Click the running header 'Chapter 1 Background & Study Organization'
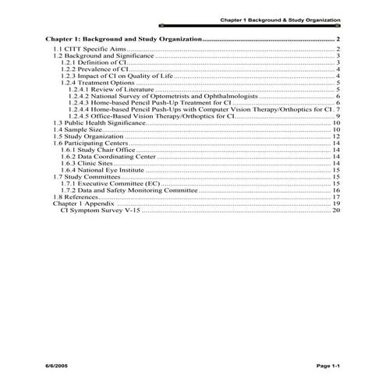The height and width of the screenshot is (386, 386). tap(279, 18)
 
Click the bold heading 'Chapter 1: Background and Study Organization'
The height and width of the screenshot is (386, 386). tap(123, 38)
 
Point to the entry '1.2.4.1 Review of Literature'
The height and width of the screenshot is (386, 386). tap(108, 90)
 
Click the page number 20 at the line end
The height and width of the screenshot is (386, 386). tap(336, 211)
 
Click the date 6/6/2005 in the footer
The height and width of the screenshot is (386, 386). tap(58, 365)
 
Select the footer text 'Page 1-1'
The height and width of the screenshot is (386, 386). tap(324, 365)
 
